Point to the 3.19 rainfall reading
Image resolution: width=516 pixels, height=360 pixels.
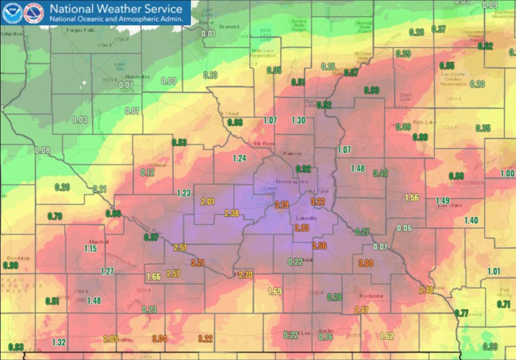[x=281, y=204]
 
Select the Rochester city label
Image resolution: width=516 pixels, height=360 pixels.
[x=371, y=296]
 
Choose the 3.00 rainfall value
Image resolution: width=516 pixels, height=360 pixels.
[x=366, y=263]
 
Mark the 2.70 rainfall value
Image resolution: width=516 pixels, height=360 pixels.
[x=245, y=274]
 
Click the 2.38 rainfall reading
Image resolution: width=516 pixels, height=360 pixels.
[x=231, y=213]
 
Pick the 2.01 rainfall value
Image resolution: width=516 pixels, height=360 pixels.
[x=207, y=201]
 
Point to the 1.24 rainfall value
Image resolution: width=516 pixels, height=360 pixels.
[x=239, y=158]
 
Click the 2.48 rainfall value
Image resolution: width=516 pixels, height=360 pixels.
[x=426, y=289]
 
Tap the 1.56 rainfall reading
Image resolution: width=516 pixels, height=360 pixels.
[x=412, y=197]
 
